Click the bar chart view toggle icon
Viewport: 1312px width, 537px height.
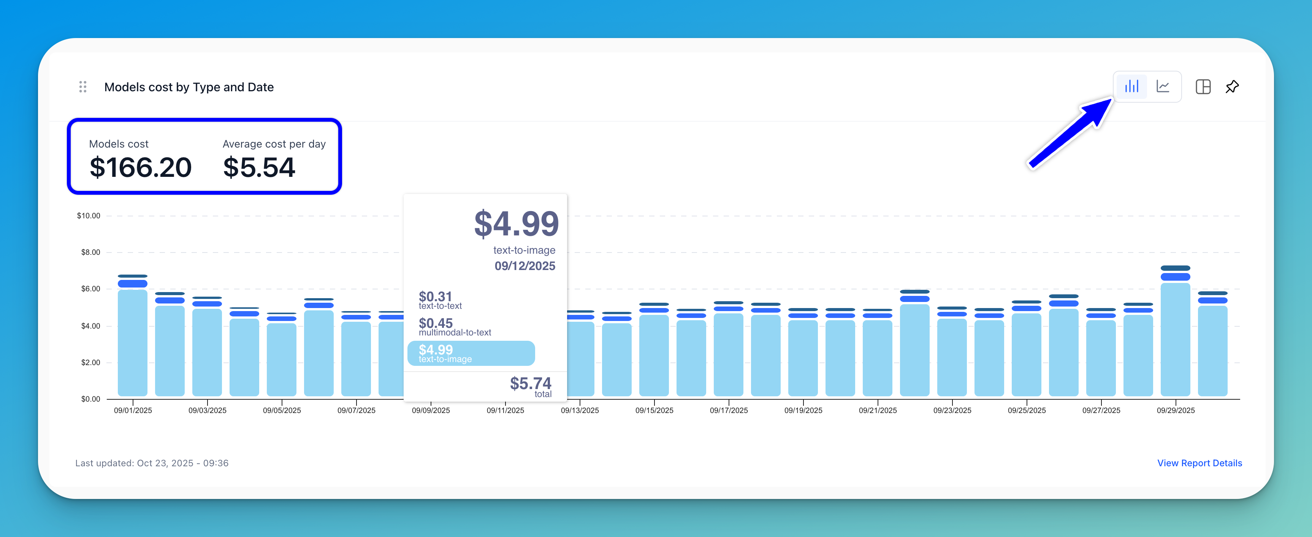pyautogui.click(x=1131, y=87)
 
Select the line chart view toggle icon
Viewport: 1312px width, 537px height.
pyautogui.click(x=1163, y=87)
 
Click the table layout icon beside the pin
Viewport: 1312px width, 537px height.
pyautogui.click(x=1203, y=87)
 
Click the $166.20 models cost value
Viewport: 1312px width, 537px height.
pyautogui.click(x=140, y=168)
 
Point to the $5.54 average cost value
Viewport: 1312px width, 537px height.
pyautogui.click(x=259, y=168)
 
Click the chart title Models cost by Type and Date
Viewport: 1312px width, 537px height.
pyautogui.click(x=189, y=87)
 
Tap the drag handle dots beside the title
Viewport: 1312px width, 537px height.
pyautogui.click(x=83, y=87)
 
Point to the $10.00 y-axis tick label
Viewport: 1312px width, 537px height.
pyautogui.click(x=89, y=216)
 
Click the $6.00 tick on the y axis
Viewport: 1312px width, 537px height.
pyautogui.click(x=91, y=289)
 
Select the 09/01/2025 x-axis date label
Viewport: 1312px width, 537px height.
pyautogui.click(x=133, y=410)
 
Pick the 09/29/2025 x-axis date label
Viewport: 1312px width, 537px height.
pyautogui.click(x=1175, y=410)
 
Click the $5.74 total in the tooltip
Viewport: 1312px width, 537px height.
pyautogui.click(x=530, y=384)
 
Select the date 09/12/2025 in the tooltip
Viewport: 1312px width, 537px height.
pyautogui.click(x=524, y=266)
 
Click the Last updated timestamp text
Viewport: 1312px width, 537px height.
pyautogui.click(x=152, y=463)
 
